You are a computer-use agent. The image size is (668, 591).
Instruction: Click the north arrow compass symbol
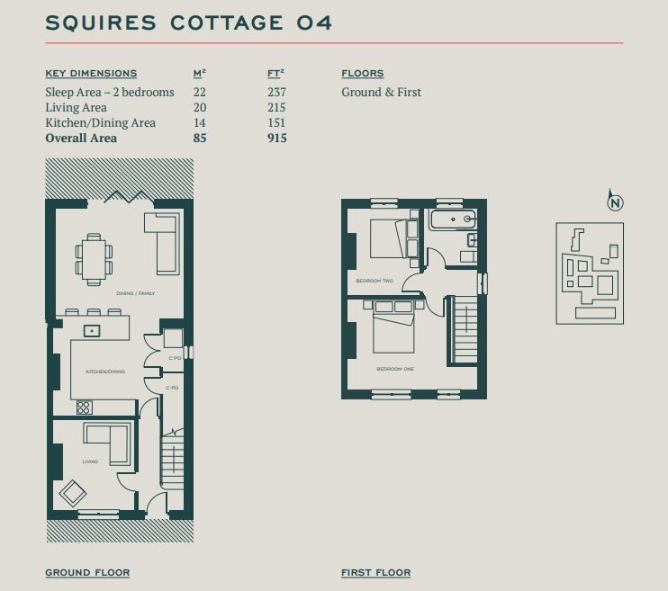(x=615, y=200)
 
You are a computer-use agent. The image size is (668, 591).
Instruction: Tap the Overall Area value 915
(x=277, y=138)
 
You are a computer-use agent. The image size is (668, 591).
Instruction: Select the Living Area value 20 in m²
(x=200, y=107)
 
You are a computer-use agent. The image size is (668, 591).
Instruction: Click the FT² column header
(x=275, y=73)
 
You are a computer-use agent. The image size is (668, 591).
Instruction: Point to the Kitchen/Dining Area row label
(x=101, y=122)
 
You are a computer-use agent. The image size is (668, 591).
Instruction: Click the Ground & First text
(x=382, y=92)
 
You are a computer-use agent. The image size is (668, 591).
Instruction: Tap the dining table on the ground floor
(x=95, y=259)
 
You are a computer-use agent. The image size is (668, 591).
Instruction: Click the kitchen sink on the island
(x=92, y=330)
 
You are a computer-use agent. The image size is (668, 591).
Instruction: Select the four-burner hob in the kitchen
(x=84, y=407)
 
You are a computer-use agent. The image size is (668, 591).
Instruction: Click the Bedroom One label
(x=395, y=369)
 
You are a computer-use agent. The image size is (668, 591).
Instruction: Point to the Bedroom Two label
(x=375, y=281)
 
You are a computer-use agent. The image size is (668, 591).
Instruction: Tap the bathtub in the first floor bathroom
(x=454, y=219)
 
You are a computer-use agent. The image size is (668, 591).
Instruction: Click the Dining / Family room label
(x=135, y=293)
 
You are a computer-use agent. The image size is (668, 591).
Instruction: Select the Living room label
(x=90, y=461)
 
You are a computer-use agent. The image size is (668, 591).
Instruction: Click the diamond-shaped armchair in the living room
(x=73, y=493)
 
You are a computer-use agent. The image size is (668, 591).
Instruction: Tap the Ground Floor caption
(x=87, y=573)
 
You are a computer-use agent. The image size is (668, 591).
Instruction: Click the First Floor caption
(x=376, y=573)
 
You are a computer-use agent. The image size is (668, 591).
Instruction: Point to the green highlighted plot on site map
(x=613, y=251)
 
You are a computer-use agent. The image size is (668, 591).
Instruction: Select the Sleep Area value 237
(x=277, y=92)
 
